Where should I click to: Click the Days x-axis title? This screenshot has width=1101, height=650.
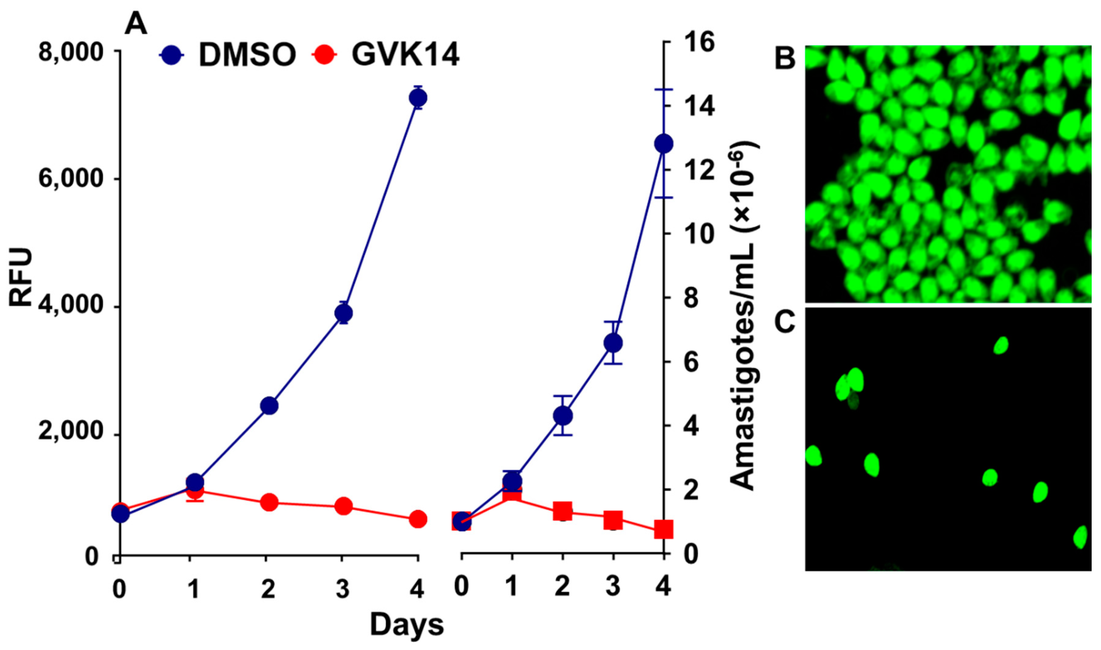(406, 625)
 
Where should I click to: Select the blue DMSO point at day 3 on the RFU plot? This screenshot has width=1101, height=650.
(343, 313)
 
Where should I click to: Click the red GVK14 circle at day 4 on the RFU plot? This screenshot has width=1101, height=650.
(417, 519)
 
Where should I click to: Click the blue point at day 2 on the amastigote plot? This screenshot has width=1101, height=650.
(562, 416)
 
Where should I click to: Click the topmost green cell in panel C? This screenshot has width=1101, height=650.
(1001, 346)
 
